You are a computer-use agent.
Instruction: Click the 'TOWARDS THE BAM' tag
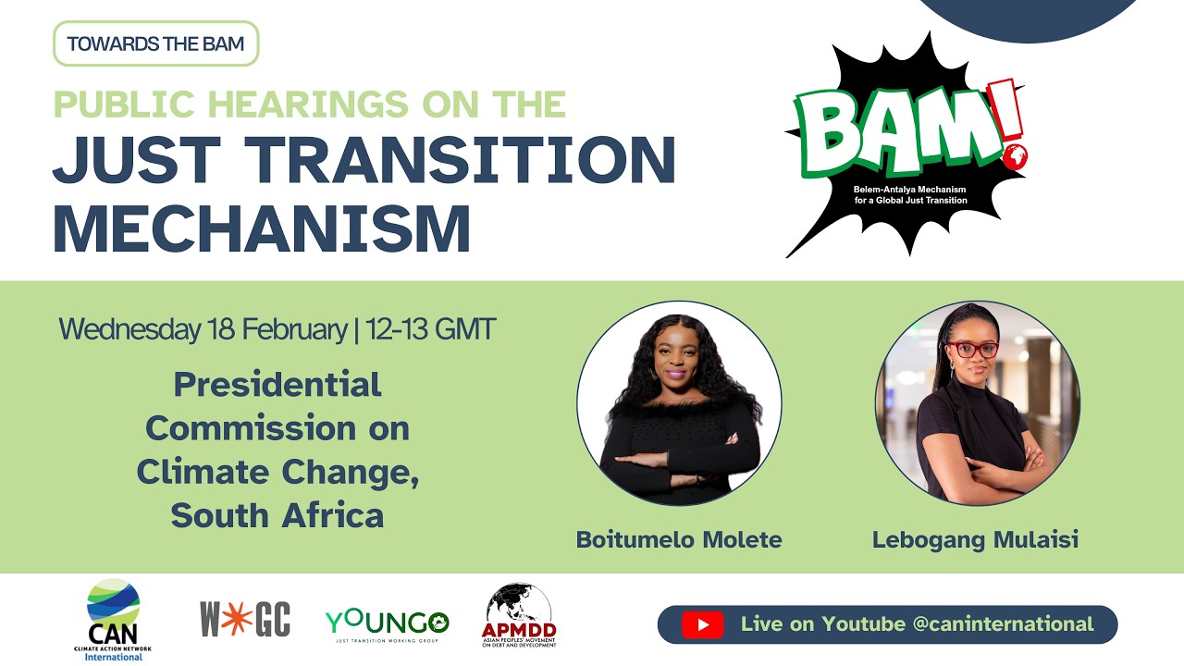point(155,43)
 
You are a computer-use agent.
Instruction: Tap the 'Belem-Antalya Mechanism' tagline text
point(910,189)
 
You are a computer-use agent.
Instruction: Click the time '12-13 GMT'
point(431,329)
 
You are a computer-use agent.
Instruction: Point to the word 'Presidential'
point(277,384)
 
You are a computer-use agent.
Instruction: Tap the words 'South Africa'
point(277,515)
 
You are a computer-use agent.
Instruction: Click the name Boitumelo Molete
point(679,539)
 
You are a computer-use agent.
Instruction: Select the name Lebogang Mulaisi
point(975,539)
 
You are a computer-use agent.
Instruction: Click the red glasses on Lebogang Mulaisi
point(972,350)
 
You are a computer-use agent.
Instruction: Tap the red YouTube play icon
point(703,624)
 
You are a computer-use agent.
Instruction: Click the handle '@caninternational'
point(1003,624)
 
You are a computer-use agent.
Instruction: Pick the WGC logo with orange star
point(245,619)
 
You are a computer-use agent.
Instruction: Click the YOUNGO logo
point(387,622)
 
